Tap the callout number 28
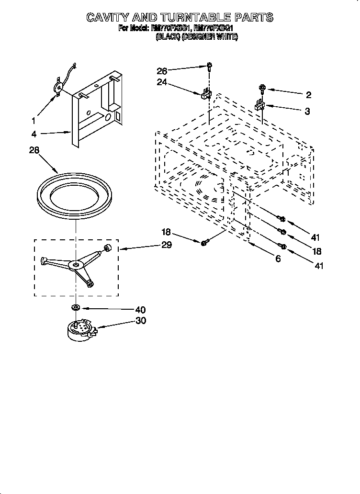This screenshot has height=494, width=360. (34, 150)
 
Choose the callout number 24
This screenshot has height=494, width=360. (163, 82)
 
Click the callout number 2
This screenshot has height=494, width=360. (308, 95)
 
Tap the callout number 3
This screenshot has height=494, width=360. (307, 112)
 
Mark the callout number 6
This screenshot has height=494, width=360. (278, 259)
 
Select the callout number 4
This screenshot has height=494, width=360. (34, 134)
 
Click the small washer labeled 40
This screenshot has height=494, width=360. (76, 306)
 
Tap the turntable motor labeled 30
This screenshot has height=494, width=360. (79, 330)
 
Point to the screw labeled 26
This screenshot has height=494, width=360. (210, 67)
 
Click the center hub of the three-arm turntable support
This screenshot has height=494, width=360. (75, 264)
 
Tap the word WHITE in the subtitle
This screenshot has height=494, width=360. (226, 36)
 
